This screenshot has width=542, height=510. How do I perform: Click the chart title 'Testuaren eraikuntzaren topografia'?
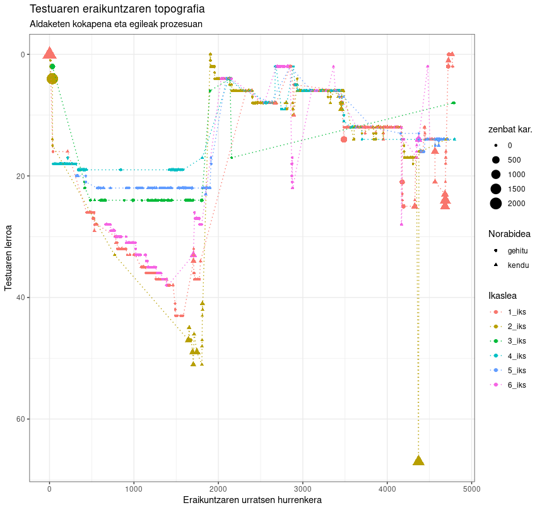click(x=117, y=9)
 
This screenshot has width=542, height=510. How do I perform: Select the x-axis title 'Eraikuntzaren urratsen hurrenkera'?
click(x=252, y=500)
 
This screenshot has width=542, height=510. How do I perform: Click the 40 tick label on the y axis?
click(x=19, y=298)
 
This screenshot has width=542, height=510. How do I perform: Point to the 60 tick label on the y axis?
click(x=19, y=419)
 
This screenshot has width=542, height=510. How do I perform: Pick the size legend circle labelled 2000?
click(x=496, y=203)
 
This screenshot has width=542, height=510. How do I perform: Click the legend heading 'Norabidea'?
click(x=509, y=234)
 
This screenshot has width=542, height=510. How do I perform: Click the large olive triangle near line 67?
click(x=418, y=460)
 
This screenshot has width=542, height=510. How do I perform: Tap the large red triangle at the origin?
click(x=50, y=54)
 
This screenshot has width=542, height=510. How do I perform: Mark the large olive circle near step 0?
click(x=52, y=78)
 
